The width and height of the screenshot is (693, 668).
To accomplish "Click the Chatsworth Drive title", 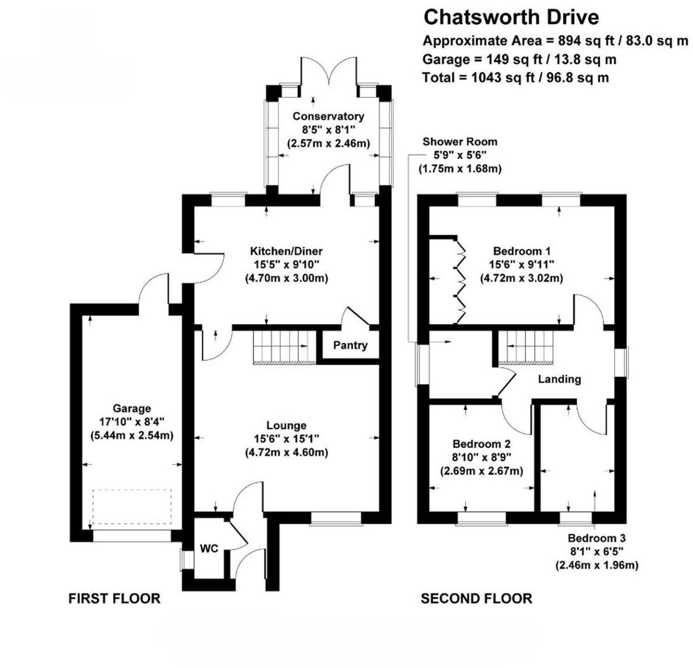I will (x=511, y=17).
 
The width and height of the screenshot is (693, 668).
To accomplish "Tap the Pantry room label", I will (x=350, y=345).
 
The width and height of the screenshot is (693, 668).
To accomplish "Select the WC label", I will (x=209, y=548).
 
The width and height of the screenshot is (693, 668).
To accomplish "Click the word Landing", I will (x=559, y=379).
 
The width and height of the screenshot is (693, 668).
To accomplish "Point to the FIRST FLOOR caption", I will (x=114, y=598).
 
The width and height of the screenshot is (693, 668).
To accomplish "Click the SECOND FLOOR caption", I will (x=476, y=598).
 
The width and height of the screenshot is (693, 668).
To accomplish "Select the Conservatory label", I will (x=328, y=116).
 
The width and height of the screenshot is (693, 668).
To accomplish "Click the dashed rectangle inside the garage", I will (x=132, y=507).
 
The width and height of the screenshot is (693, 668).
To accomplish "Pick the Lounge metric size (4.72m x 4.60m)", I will (x=286, y=452).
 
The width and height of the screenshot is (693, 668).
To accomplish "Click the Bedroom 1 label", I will (x=521, y=251).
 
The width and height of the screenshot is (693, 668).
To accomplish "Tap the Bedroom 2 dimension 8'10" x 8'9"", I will (x=482, y=457).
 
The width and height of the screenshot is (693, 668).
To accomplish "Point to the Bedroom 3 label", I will (x=597, y=538).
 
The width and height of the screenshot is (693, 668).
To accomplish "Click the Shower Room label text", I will (x=460, y=142).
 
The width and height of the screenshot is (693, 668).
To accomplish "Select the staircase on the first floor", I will (x=285, y=347).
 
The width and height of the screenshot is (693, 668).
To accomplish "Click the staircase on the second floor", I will (x=525, y=347).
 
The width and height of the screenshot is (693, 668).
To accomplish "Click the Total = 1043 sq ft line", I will (x=515, y=78).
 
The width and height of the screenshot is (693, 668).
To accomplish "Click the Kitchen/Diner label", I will (x=286, y=251).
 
